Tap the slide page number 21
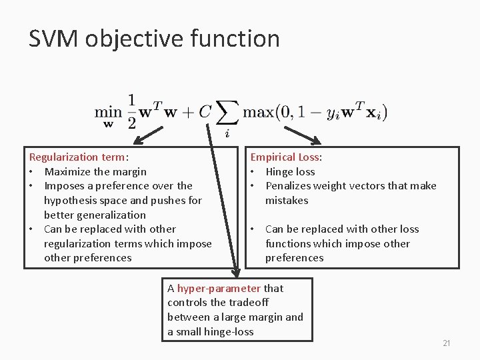[447, 343]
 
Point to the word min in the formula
[107, 112]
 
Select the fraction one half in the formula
[131, 111]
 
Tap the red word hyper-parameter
[219, 289]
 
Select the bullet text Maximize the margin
[95, 171]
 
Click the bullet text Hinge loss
[290, 171]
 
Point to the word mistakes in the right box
[287, 200]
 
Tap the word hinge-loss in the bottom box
[230, 331]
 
